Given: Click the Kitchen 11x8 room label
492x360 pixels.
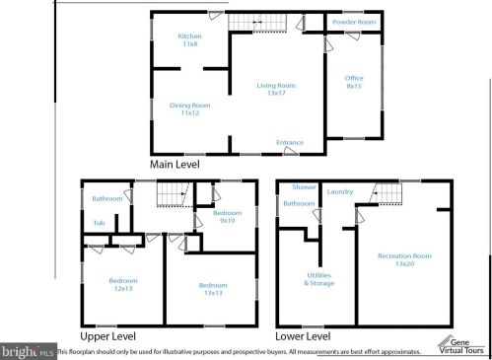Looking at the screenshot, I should click(189, 40).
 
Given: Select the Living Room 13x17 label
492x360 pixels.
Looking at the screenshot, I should click(276, 90).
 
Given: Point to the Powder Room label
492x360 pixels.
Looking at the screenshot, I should click(353, 22).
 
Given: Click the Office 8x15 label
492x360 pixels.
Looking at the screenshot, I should click(353, 82).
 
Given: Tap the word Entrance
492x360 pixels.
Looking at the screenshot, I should click(290, 143).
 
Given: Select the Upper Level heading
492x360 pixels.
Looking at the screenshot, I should click(108, 335).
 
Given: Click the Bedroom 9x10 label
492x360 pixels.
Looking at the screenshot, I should click(227, 216).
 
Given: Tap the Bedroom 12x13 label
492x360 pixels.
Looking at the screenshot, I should click(123, 284).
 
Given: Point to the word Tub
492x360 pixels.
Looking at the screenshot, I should click(100, 223).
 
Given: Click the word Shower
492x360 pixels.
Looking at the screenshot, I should click(304, 187).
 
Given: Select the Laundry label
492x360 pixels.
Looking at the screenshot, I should click(340, 191).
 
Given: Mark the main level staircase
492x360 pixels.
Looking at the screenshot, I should click(251, 21).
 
